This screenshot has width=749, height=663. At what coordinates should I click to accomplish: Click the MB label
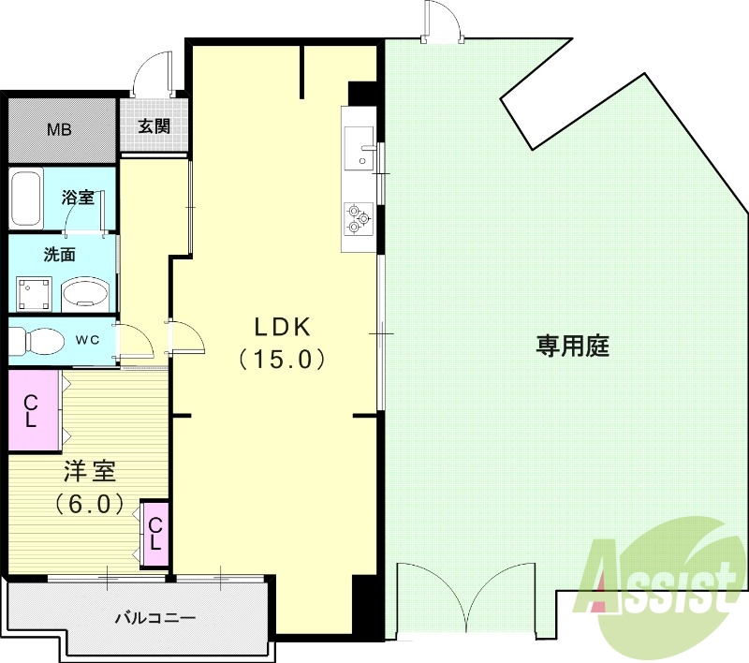(x=60, y=129)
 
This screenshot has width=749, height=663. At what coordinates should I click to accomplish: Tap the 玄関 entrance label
(x=154, y=127)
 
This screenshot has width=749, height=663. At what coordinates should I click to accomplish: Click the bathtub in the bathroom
(x=27, y=198)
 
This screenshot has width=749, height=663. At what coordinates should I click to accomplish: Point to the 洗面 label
(x=58, y=254)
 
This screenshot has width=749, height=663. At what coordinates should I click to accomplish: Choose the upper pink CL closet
(x=31, y=411)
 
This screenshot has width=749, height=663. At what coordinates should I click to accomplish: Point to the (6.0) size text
(x=89, y=503)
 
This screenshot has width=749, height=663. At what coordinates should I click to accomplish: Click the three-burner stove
(x=358, y=217)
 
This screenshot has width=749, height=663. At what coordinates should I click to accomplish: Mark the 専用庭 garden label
(x=572, y=346)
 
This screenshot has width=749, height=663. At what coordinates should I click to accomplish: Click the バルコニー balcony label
(x=154, y=619)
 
